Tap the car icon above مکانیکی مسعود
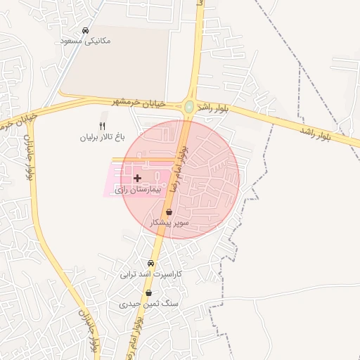[x=85, y=31]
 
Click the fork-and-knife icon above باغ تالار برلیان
[x=102, y=126]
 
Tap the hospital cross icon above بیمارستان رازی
[x=137, y=179]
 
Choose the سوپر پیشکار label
[x=169, y=222]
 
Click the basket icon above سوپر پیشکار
[x=169, y=212]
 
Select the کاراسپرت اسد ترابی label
[x=150, y=274]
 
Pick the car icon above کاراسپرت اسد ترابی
[x=150, y=263]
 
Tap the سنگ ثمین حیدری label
[x=148, y=304]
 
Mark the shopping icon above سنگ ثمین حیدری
[x=148, y=292]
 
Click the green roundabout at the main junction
[x=189, y=107]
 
